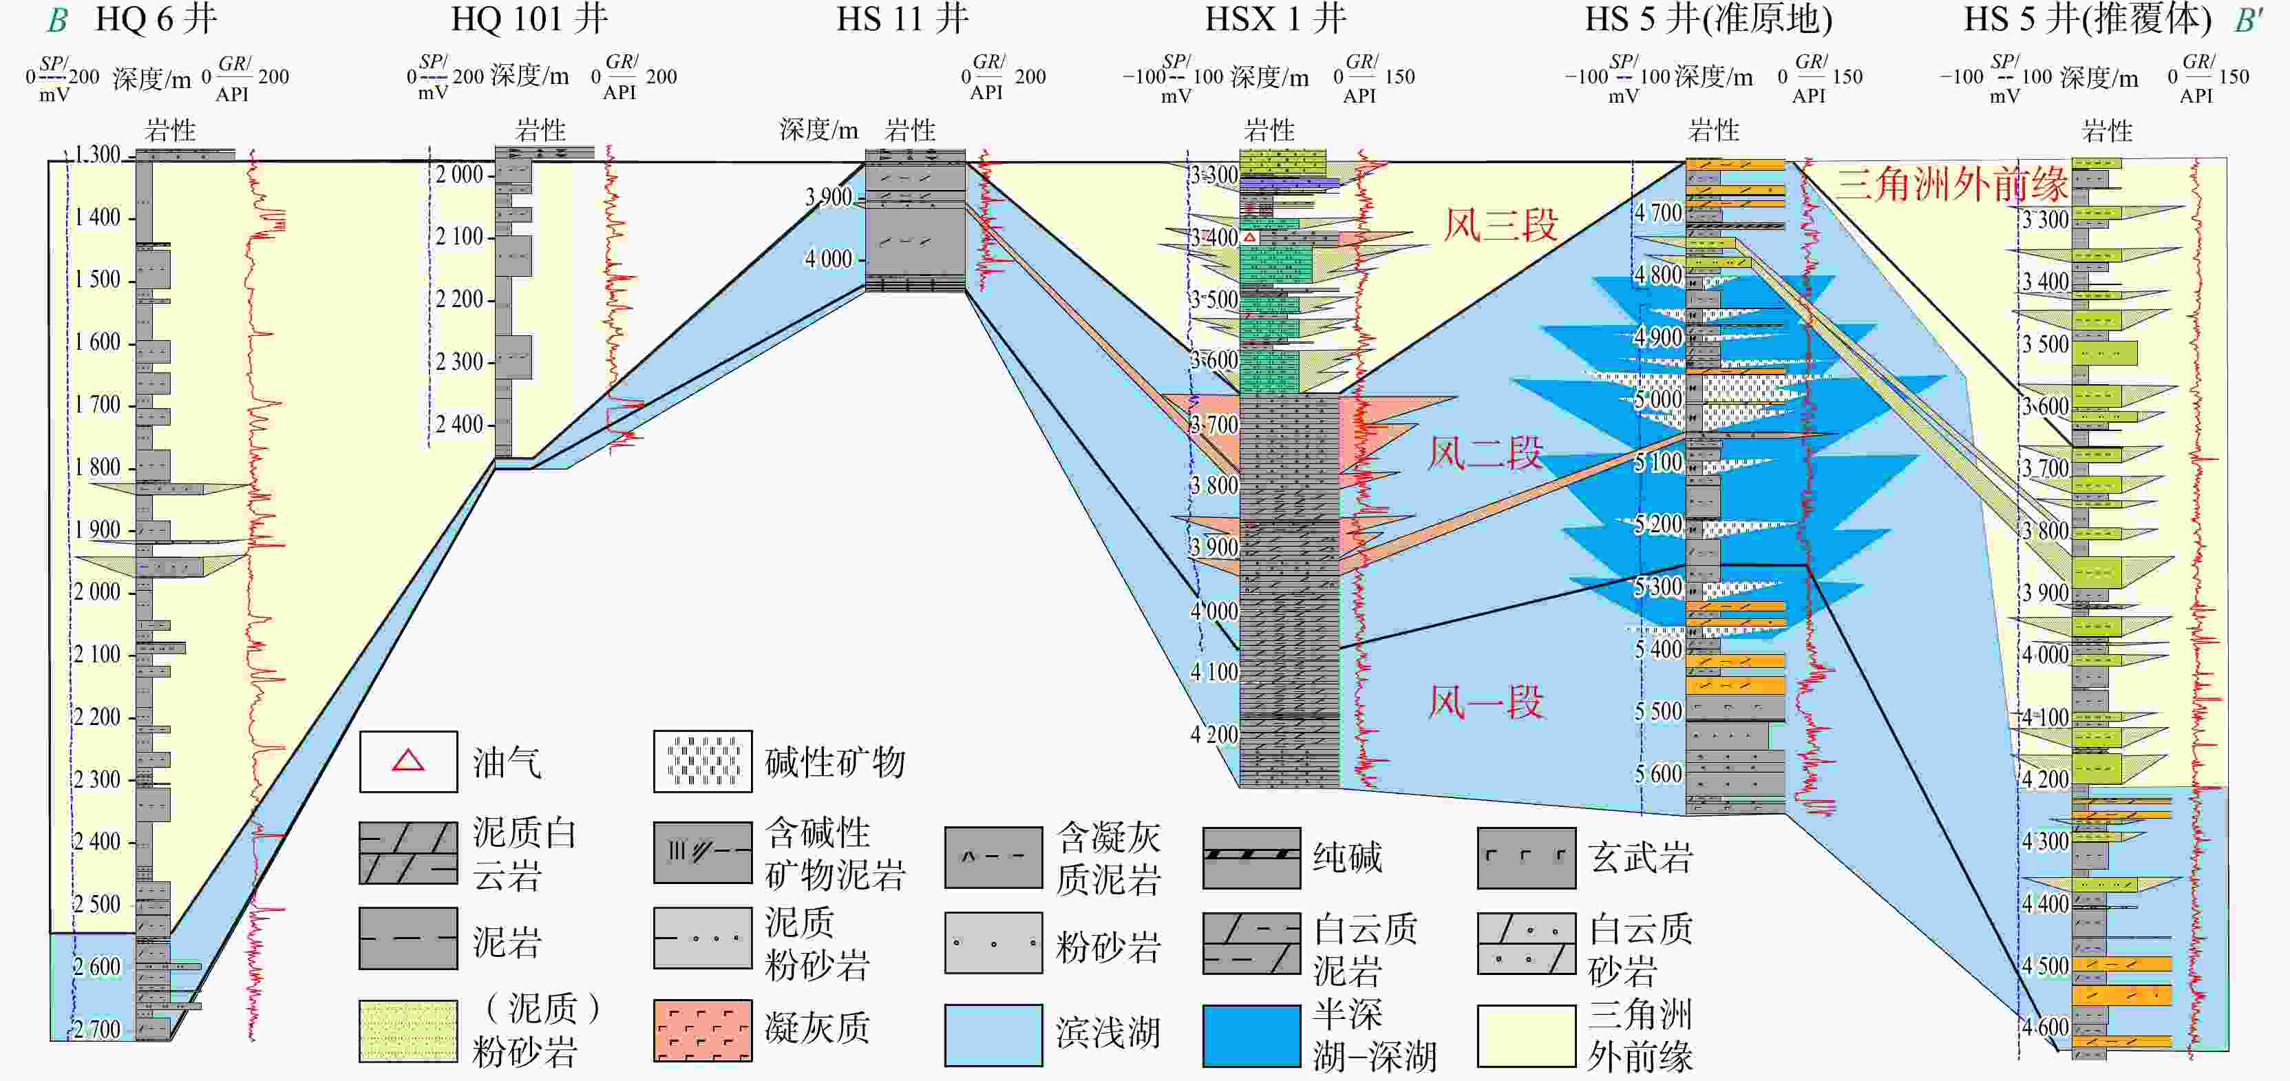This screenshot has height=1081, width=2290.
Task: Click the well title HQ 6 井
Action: [x=156, y=19]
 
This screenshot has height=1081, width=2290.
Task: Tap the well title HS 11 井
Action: [x=902, y=19]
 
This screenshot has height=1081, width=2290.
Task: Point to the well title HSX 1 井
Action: [x=1275, y=19]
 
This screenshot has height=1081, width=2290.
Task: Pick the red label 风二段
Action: [x=1484, y=453]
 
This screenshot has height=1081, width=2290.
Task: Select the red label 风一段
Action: [x=1485, y=702]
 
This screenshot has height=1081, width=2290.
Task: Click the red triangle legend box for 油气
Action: [x=408, y=762]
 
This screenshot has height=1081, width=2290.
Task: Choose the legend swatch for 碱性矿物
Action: [x=702, y=762]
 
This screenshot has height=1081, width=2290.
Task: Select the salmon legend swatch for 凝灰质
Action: [x=702, y=1030]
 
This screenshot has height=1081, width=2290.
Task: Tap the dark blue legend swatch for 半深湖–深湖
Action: [x=1251, y=1035]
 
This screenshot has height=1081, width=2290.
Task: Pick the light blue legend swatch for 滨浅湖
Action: [x=993, y=1035]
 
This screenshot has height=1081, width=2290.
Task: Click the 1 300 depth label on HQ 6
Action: [x=97, y=155]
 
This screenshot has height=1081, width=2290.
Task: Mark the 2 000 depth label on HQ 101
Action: [x=458, y=174]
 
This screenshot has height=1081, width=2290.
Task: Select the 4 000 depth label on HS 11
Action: [x=829, y=259]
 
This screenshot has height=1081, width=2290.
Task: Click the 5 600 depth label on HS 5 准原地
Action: [x=1659, y=773]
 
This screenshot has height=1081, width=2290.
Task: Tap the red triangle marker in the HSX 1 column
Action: [x=1249, y=238]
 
